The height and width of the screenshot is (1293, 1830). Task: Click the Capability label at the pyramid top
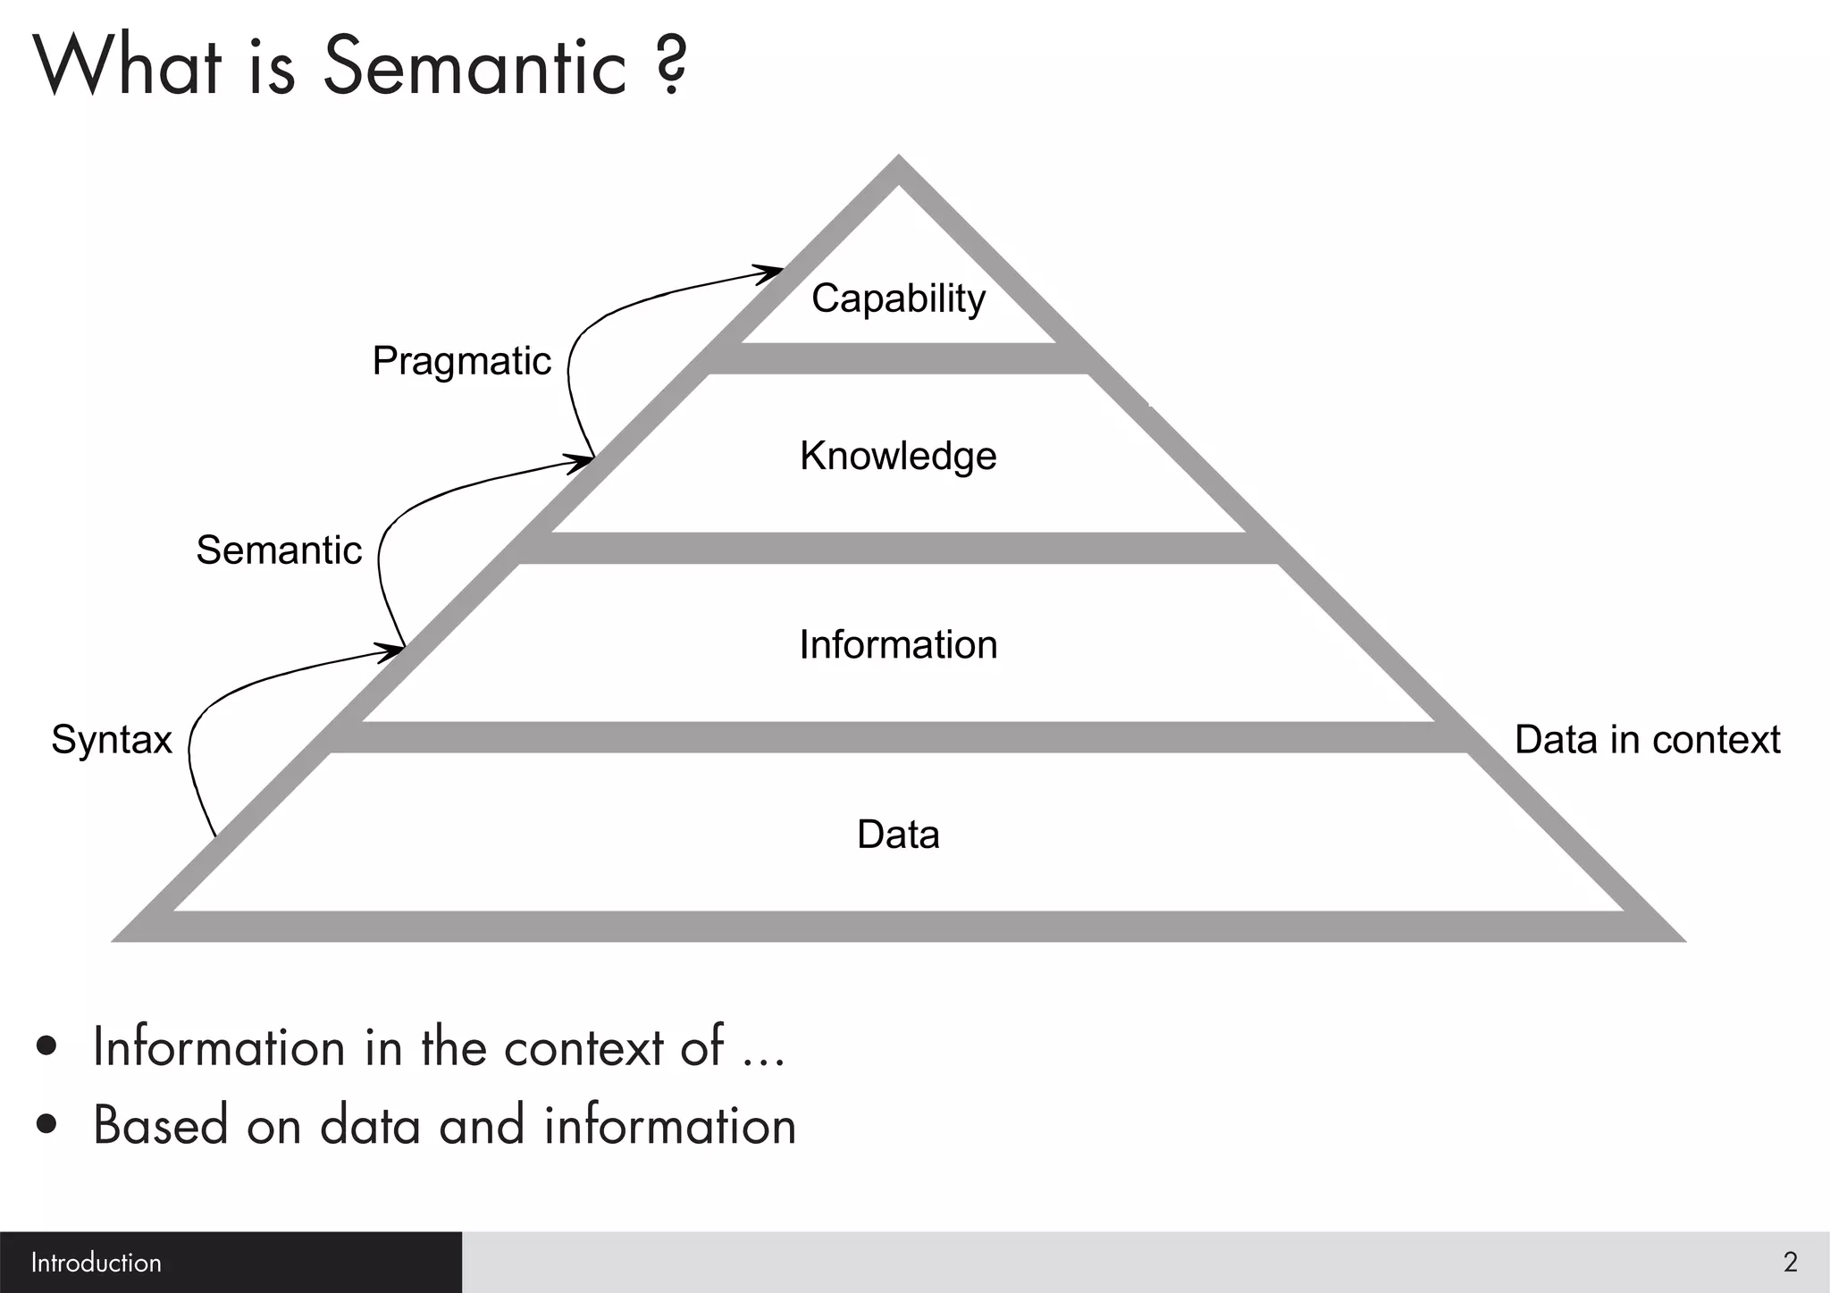click(898, 298)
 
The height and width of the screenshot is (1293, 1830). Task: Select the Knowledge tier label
click(898, 456)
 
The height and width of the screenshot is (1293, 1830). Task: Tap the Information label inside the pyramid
click(898, 645)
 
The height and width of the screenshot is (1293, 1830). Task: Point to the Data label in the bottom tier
click(898, 835)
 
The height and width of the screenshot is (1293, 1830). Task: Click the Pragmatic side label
click(461, 362)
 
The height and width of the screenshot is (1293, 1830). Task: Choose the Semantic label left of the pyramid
click(279, 550)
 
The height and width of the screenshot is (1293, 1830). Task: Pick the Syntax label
click(111, 740)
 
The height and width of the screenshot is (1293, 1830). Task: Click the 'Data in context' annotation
click(1647, 740)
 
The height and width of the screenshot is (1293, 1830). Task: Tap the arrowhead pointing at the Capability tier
click(769, 273)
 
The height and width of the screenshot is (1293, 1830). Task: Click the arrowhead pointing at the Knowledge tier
click(580, 462)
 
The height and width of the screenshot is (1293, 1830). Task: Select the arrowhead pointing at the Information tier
click(390, 651)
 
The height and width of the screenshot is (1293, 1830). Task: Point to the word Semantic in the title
click(474, 66)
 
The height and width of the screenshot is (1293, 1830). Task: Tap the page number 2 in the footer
click(1790, 1263)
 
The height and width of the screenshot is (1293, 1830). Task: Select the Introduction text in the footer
click(97, 1263)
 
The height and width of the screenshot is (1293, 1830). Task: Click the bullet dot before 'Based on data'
click(47, 1125)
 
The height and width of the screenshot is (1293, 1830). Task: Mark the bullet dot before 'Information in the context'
click(47, 1046)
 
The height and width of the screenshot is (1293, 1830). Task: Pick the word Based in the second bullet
click(161, 1125)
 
